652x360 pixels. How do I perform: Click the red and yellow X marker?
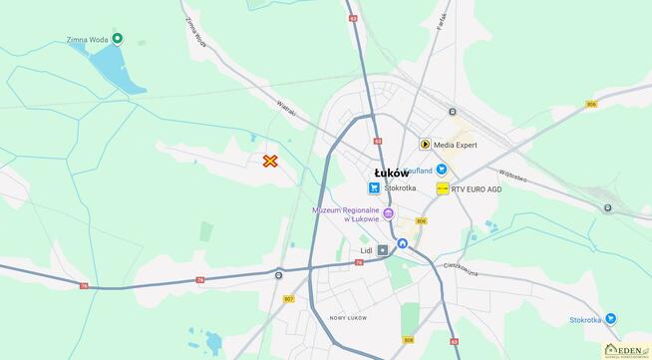[x=270, y=161]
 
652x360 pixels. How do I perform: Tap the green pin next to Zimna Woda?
[x=118, y=39]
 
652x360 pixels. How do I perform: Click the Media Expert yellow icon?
[x=425, y=145]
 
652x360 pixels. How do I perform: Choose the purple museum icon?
[x=389, y=213]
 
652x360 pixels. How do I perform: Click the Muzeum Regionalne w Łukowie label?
[x=347, y=214]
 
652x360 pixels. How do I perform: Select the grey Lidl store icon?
[x=383, y=251]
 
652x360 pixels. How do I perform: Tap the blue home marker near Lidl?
[x=403, y=243]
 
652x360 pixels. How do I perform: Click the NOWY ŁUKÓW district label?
[x=348, y=317]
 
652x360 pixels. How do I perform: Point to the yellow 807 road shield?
[x=289, y=298]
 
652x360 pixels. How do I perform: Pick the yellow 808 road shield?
[x=408, y=340]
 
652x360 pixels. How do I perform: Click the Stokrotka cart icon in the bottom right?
[x=611, y=319]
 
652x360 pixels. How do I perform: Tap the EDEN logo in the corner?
[x=625, y=348]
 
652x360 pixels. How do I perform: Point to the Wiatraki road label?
[x=285, y=106]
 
